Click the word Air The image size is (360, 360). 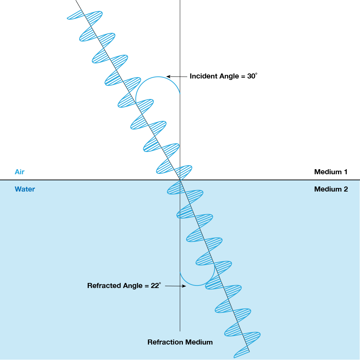pyautogui.click(x=19, y=172)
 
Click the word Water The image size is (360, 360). pyautogui.click(x=25, y=189)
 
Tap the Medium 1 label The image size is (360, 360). pyautogui.click(x=330, y=172)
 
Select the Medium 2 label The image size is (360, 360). pyautogui.click(x=331, y=189)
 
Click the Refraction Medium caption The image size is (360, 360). pyautogui.click(x=180, y=342)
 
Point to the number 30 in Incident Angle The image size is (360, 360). pyautogui.click(x=251, y=76)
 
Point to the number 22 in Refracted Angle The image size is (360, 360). pyautogui.click(x=154, y=286)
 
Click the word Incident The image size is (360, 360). pyautogui.click(x=203, y=76)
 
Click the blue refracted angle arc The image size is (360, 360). pyautogui.click(x=196, y=285)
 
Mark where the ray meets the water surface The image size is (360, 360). pyautogui.click(x=180, y=180)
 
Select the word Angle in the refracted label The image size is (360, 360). pyautogui.click(x=131, y=286)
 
